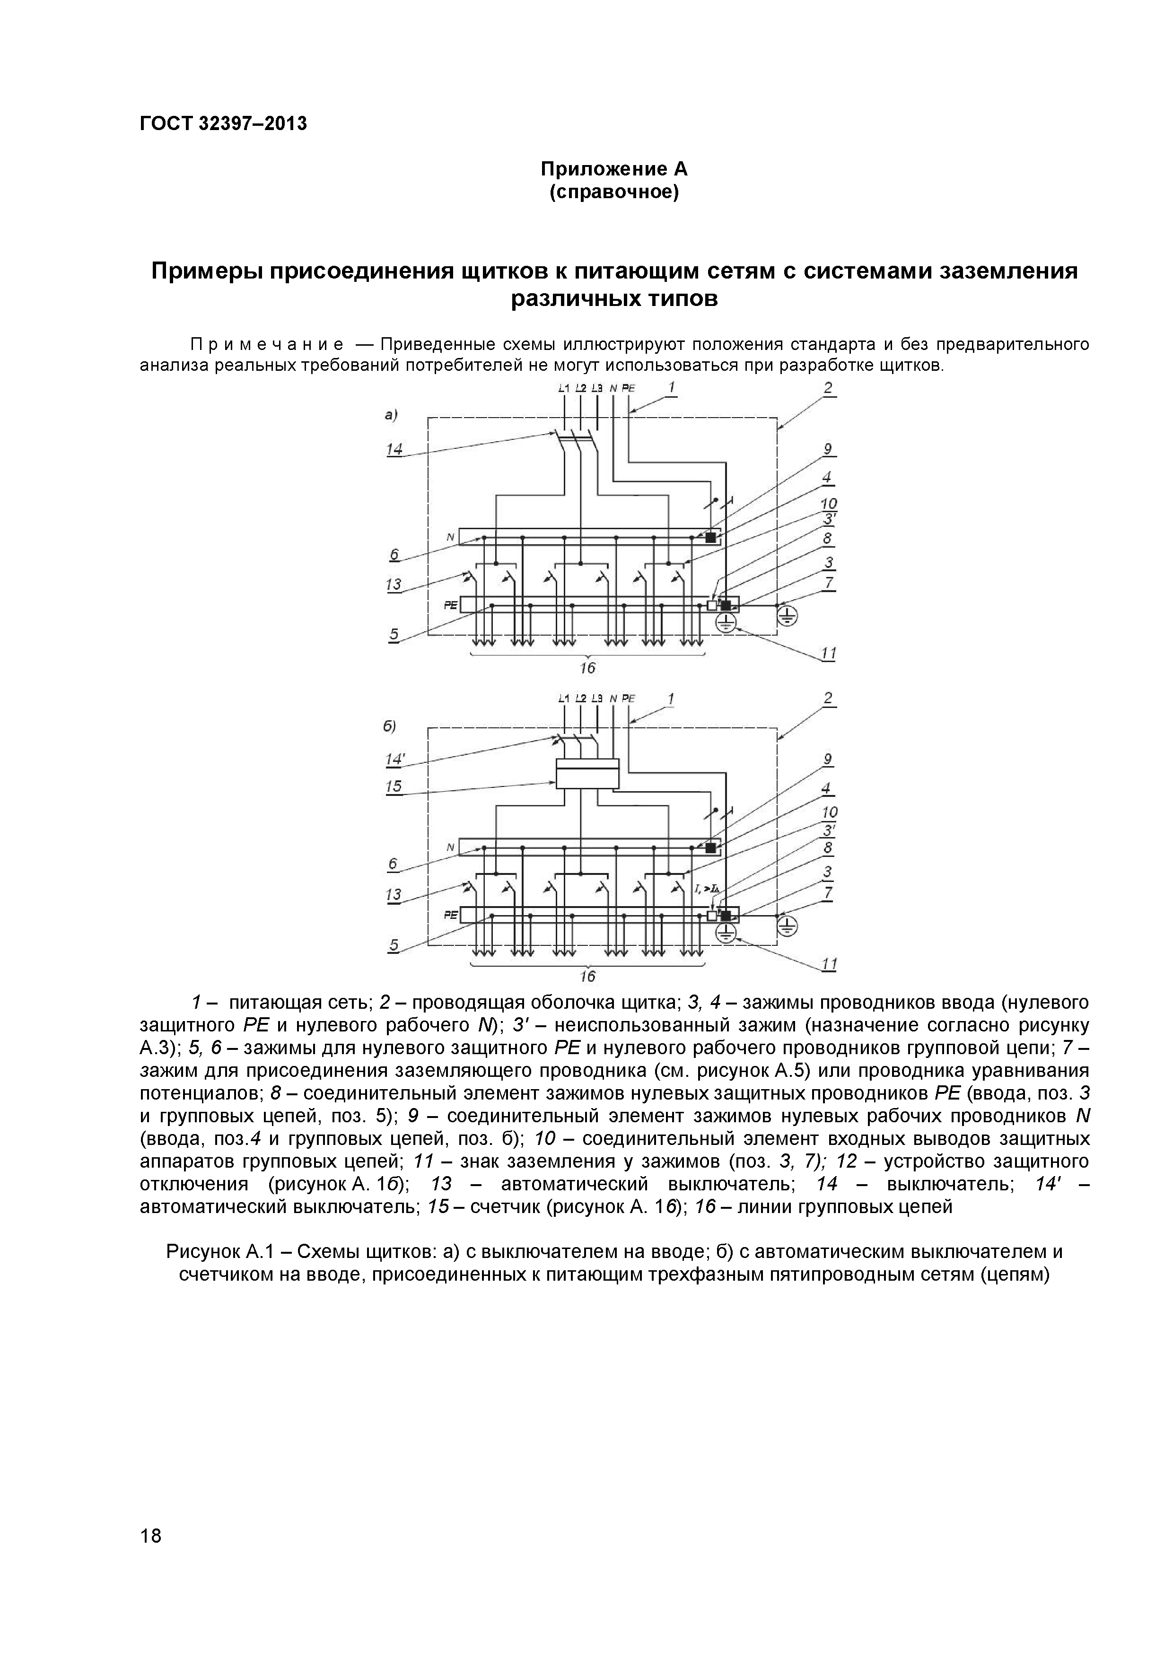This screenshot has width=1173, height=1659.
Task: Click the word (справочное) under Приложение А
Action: coord(614,193)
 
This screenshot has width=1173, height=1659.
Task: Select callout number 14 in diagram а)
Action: coord(394,449)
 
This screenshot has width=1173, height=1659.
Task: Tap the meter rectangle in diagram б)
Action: coord(587,773)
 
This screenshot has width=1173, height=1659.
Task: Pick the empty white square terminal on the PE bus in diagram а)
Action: coord(712,605)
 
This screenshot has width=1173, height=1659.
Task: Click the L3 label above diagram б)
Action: coord(597,698)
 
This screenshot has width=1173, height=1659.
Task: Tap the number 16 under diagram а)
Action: coord(587,668)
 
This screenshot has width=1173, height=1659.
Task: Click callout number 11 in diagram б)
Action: coord(829,964)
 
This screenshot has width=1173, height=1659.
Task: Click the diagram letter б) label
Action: coord(390,725)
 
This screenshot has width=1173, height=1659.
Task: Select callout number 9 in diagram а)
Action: coord(828,449)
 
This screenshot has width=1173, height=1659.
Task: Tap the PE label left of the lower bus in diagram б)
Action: coord(450,915)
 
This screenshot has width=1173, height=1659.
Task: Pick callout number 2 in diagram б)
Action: coord(828,698)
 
